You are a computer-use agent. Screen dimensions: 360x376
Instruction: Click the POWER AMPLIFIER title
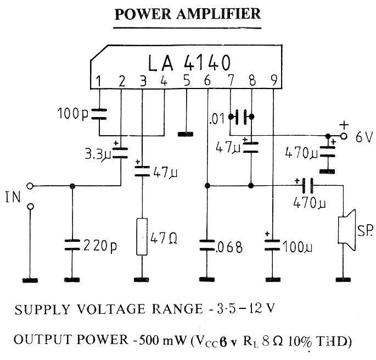[187, 14]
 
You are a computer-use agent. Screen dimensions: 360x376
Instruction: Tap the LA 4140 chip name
[189, 62]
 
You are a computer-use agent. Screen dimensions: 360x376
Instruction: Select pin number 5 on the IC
[187, 81]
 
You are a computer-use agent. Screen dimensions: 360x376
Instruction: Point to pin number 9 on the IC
[273, 81]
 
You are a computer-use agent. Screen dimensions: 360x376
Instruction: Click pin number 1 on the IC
[99, 81]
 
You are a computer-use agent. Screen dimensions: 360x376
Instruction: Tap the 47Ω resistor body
[142, 237]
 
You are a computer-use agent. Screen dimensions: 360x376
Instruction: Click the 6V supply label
[362, 137]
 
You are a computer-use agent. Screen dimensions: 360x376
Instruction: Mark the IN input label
[13, 196]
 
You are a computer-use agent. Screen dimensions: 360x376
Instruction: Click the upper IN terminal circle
[31, 186]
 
